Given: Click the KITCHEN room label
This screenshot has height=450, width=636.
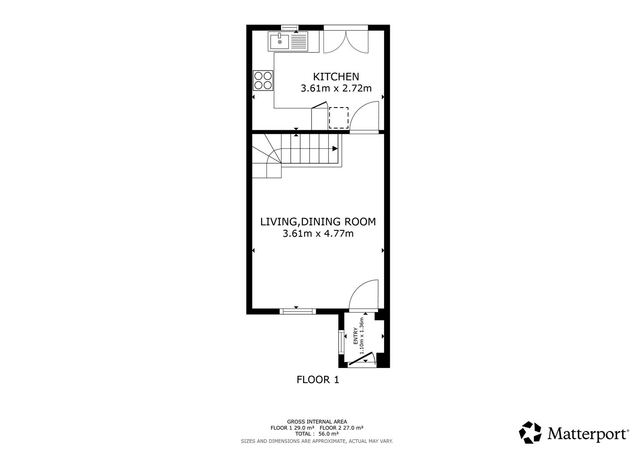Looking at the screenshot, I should click(336, 77).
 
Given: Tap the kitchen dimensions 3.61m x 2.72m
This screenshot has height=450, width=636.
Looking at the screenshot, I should click(336, 88).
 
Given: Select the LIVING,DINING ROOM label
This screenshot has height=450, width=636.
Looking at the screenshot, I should click(318, 222).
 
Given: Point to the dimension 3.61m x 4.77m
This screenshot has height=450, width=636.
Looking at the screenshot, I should click(318, 233).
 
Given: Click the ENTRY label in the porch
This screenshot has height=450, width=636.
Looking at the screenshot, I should click(356, 336).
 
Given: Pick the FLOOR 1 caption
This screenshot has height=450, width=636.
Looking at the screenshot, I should click(318, 380).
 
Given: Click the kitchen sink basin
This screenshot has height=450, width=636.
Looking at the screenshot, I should click(279, 42).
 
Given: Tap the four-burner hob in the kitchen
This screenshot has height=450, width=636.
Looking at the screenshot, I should click(263, 81).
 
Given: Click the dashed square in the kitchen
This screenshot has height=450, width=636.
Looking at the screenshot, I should click(339, 118).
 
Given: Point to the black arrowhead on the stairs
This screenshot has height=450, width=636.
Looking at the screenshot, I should click(335, 148).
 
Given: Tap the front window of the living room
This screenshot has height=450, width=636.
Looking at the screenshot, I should click(297, 311).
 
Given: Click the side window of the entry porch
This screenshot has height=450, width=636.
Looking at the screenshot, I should click(342, 342).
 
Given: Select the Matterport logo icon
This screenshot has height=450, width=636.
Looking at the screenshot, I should click(530, 432).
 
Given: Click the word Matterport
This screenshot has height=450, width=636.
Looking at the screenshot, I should click(587, 434).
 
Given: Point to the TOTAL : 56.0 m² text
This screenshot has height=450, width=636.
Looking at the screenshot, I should click(317, 434).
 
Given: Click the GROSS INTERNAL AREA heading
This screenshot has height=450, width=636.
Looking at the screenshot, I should click(317, 422).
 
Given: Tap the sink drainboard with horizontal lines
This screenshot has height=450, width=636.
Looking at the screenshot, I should click(298, 42).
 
